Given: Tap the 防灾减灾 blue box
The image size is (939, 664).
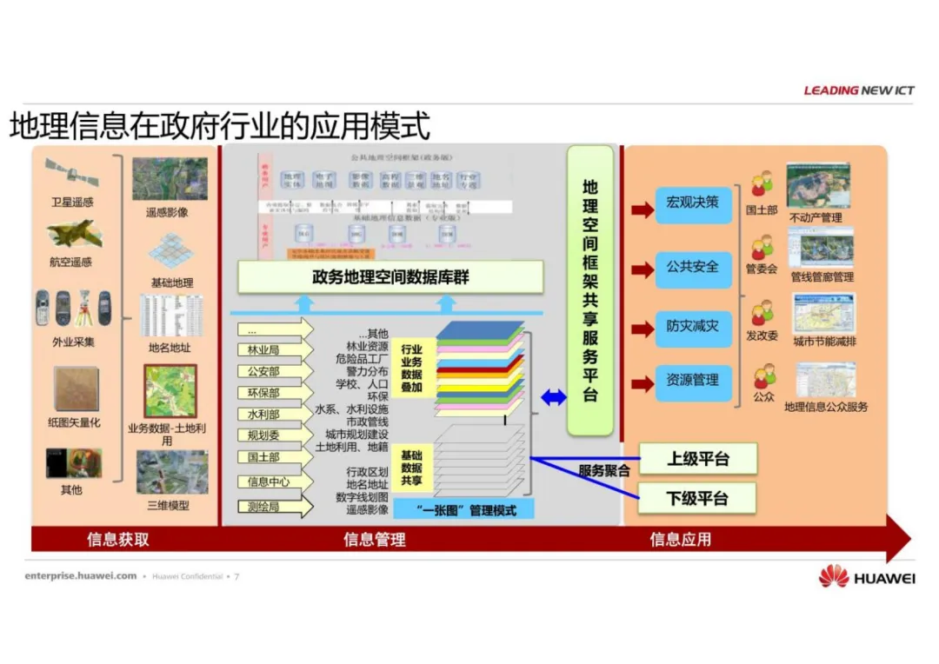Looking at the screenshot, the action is [693, 328].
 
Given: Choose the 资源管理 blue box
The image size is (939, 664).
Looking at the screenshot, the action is [693, 382].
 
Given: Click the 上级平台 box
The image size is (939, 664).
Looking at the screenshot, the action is [697, 459].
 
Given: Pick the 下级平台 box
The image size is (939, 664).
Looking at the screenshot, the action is [697, 499].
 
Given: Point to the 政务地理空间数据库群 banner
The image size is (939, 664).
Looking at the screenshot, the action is [390, 277].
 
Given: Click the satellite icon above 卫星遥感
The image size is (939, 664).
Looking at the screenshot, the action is [72, 175].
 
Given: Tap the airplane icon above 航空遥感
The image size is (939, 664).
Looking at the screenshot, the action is [72, 233].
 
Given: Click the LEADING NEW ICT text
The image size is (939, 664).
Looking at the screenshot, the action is [858, 90].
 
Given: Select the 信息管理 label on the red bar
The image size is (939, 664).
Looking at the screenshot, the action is [374, 540].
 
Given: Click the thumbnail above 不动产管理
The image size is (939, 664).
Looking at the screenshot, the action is [818, 185].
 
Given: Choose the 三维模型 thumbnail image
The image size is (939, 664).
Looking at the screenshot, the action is [171, 472].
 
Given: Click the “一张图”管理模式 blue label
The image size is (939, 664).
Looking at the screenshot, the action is [465, 510].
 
